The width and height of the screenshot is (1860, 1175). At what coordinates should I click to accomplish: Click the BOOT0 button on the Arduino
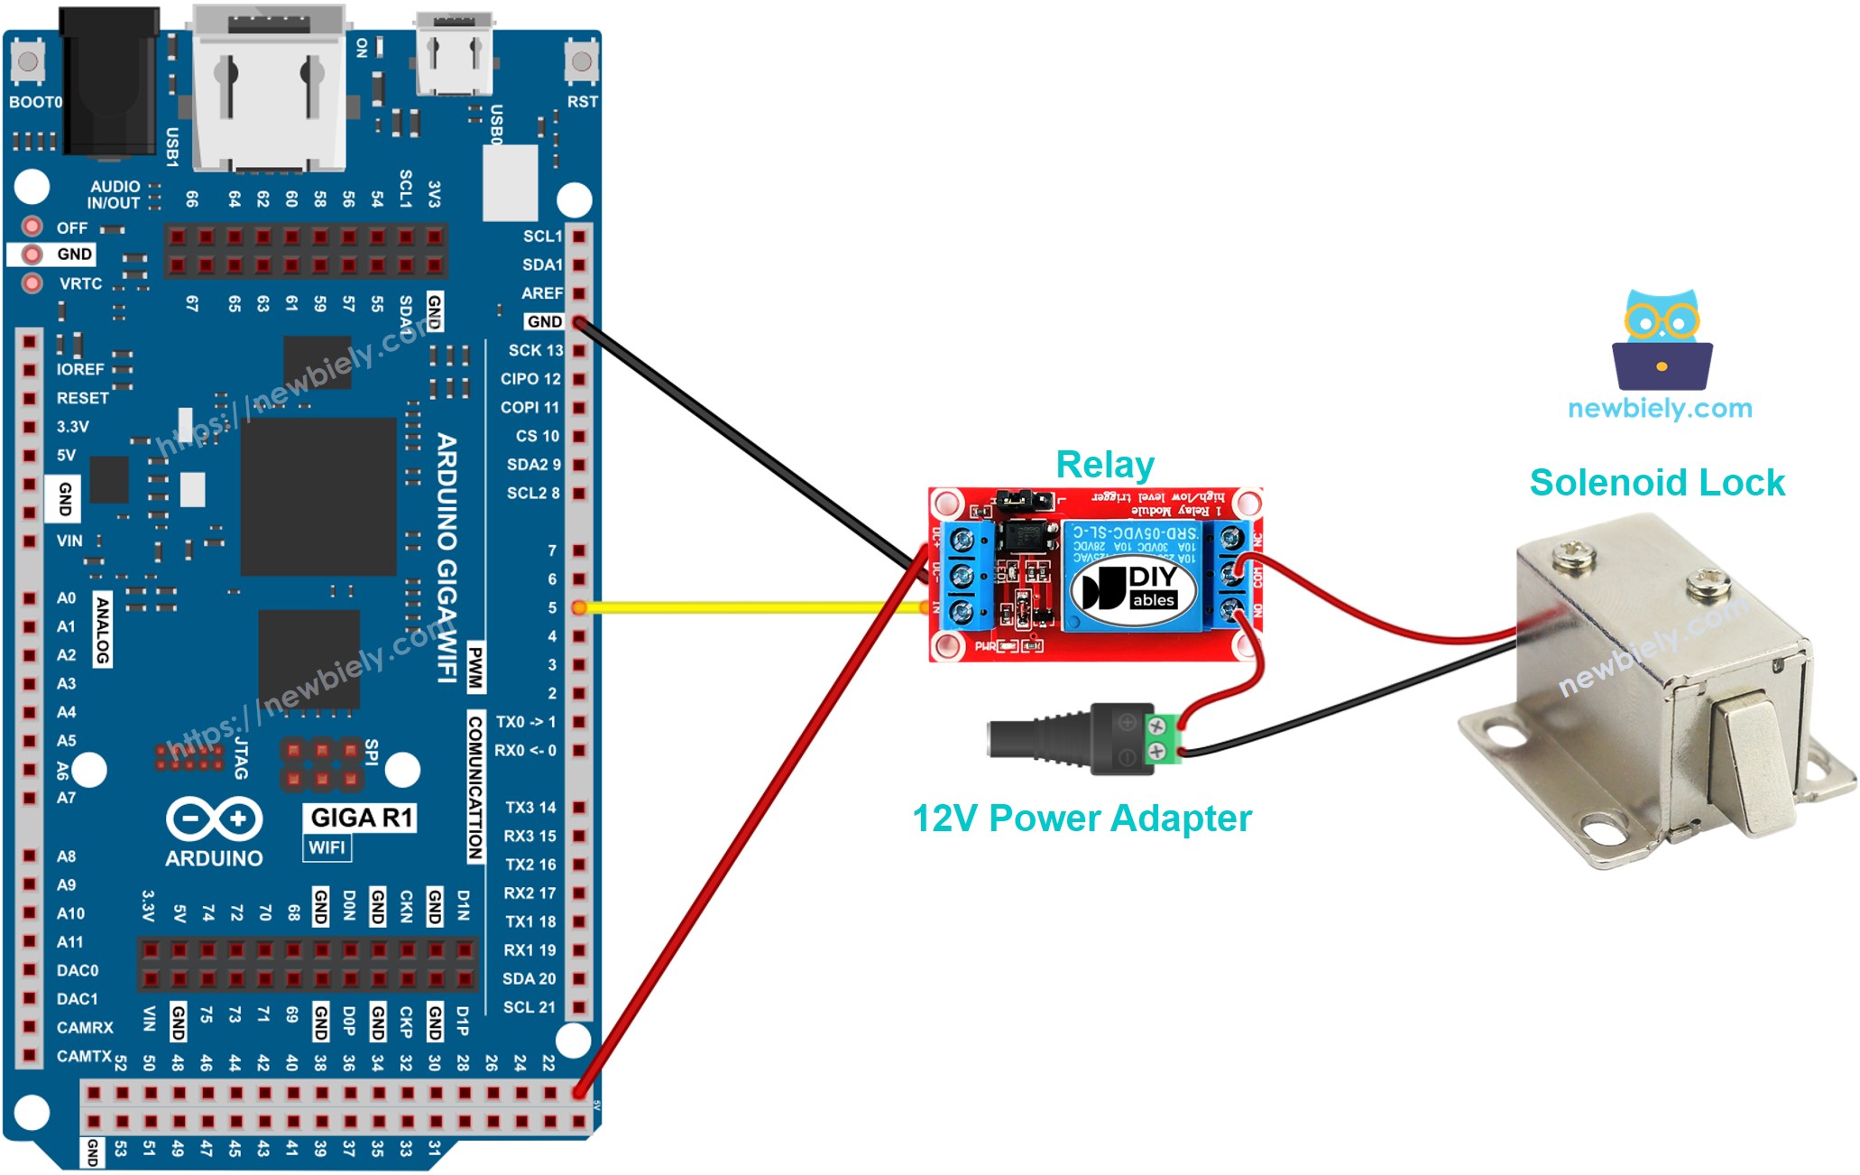27,61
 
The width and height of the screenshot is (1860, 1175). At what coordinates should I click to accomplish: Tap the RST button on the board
581,61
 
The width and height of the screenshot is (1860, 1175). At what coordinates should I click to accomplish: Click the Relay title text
1104,465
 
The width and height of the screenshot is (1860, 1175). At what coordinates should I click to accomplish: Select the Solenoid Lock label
1656,483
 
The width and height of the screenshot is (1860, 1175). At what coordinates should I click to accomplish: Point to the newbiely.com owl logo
1662,338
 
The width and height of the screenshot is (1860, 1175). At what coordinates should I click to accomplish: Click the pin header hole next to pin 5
579,607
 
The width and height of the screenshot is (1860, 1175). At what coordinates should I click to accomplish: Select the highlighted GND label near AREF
544,321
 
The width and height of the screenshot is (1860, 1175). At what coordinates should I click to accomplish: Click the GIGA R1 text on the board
361,818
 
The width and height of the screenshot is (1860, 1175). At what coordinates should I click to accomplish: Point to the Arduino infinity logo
214,819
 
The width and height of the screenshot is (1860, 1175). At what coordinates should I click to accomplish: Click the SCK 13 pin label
535,350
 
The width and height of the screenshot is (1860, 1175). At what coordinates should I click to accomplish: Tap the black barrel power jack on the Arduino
108,81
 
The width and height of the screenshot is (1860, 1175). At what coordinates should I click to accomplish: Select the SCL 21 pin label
529,1007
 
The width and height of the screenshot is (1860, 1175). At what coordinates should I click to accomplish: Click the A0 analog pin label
66,597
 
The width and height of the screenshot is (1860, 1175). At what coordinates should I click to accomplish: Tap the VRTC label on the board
80,283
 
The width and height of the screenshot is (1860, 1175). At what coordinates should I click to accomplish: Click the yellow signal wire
749,608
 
